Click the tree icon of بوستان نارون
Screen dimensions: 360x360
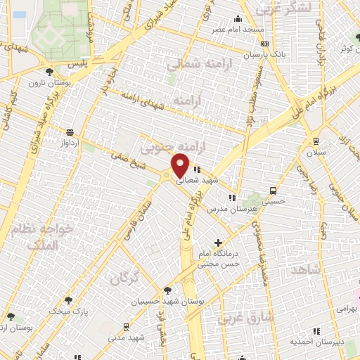tap(49, 71)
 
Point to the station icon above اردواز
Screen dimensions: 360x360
tap(69, 131)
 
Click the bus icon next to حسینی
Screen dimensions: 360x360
tap(273, 190)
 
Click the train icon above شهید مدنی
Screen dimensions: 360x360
tap(126, 326)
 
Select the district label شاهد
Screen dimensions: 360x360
tap(304, 271)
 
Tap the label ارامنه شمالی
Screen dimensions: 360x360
tap(194, 64)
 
